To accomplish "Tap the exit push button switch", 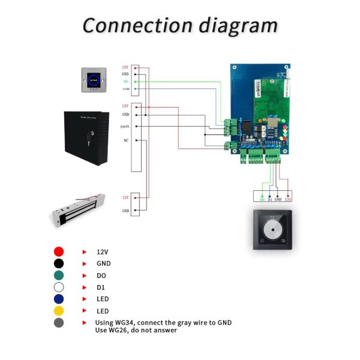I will pyautogui.click(x=94, y=79).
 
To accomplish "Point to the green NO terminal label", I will pyautogui.click(x=125, y=81).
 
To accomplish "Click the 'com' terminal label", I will pyautogui.click(x=125, y=89).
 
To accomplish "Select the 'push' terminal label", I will pyautogui.click(x=125, y=127).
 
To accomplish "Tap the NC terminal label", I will pyautogui.click(x=125, y=140).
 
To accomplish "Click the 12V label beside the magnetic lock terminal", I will pyautogui.click(x=125, y=197).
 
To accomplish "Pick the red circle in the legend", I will pyautogui.click(x=59, y=252).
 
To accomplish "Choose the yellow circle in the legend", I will pyautogui.click(x=59, y=311).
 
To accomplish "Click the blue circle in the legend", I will pyautogui.click(x=59, y=299).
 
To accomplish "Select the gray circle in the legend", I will pyautogui.click(x=59, y=323).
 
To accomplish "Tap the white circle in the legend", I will pyautogui.click(x=59, y=287).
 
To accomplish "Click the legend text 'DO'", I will pyautogui.click(x=102, y=275).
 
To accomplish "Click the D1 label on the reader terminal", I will pyautogui.click(x=270, y=199).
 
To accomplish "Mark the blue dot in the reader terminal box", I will pyautogui.click(x=270, y=194).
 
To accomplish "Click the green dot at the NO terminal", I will pyautogui.click(x=137, y=81).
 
